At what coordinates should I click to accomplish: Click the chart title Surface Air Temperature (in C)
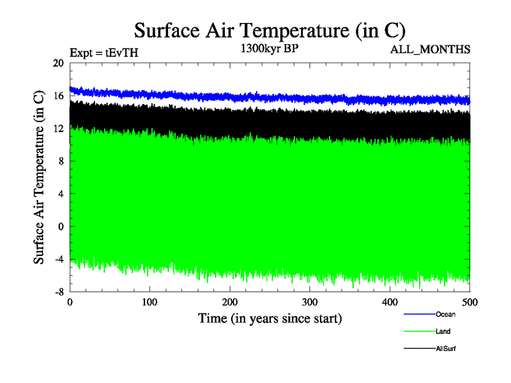tap(270, 30)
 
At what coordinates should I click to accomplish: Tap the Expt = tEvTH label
tap(103, 53)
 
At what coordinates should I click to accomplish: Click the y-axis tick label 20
tap(58, 63)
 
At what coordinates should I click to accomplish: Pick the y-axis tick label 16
tap(58, 96)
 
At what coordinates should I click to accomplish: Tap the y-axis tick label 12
tap(58, 128)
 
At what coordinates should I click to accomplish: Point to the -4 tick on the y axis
tap(58, 259)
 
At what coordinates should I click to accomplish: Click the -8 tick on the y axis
tap(58, 292)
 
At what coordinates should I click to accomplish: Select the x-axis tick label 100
tap(149, 301)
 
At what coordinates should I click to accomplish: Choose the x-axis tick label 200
tap(230, 301)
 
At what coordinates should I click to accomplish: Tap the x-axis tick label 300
tap(310, 301)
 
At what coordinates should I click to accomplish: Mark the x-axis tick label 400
tap(390, 301)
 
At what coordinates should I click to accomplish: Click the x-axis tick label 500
tap(469, 301)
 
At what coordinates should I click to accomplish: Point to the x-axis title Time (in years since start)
tap(270, 317)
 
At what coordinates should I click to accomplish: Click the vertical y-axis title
tap(39, 177)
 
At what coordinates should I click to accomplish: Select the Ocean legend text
tap(446, 314)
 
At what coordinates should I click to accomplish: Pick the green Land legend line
tap(419, 332)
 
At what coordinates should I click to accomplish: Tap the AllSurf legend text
tap(446, 349)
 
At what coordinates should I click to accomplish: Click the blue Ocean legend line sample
tap(419, 314)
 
